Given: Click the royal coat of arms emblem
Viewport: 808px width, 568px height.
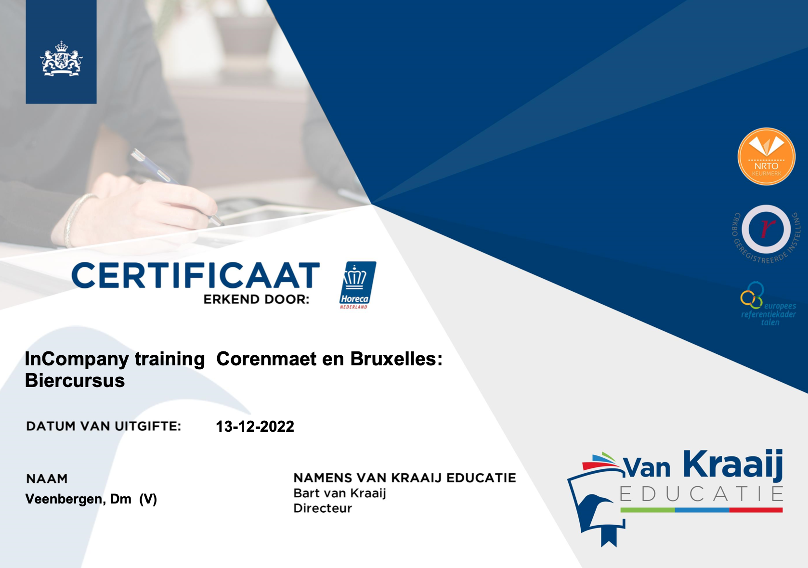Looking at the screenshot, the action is tap(61, 58).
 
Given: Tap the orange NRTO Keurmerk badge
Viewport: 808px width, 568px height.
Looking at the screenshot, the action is tap(766, 156).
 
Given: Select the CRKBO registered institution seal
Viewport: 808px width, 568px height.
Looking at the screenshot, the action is tap(766, 233).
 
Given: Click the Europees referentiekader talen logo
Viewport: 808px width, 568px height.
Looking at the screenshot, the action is tap(768, 304).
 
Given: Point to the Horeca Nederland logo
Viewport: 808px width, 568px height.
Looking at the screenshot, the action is tap(357, 285).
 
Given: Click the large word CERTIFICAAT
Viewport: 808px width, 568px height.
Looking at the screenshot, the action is tap(196, 275).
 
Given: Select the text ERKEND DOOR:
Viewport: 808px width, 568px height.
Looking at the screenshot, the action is tap(257, 299).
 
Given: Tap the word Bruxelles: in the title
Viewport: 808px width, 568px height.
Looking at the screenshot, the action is tap(396, 359).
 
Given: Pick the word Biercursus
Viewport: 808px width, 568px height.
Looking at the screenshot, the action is tap(75, 380).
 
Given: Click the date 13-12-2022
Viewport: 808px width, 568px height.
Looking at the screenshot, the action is tap(255, 426).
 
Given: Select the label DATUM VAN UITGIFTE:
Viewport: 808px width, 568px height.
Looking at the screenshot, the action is tap(104, 426).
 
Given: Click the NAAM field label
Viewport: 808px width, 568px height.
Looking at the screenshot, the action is tap(47, 478).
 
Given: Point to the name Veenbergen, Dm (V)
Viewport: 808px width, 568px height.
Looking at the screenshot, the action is tap(91, 499).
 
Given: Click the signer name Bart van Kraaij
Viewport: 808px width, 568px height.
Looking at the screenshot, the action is tap(339, 493).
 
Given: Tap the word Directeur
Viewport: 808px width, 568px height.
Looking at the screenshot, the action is tap(323, 508).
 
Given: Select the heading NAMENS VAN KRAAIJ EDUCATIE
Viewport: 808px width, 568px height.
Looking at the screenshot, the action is tap(404, 478).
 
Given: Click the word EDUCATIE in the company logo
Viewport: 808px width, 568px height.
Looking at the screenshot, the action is tap(701, 494).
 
